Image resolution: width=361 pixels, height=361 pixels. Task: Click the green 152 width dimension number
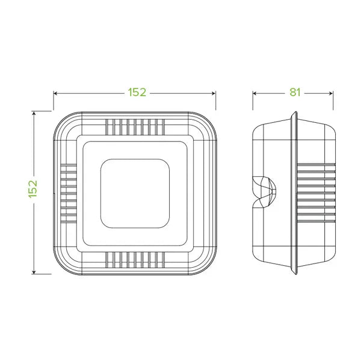[x=137, y=93]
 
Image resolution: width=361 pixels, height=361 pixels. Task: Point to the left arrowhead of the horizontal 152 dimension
[x=56, y=93]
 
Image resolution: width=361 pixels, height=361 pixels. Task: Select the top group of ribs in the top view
[x=135, y=127]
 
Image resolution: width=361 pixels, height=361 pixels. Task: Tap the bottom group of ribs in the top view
[x=135, y=259]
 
